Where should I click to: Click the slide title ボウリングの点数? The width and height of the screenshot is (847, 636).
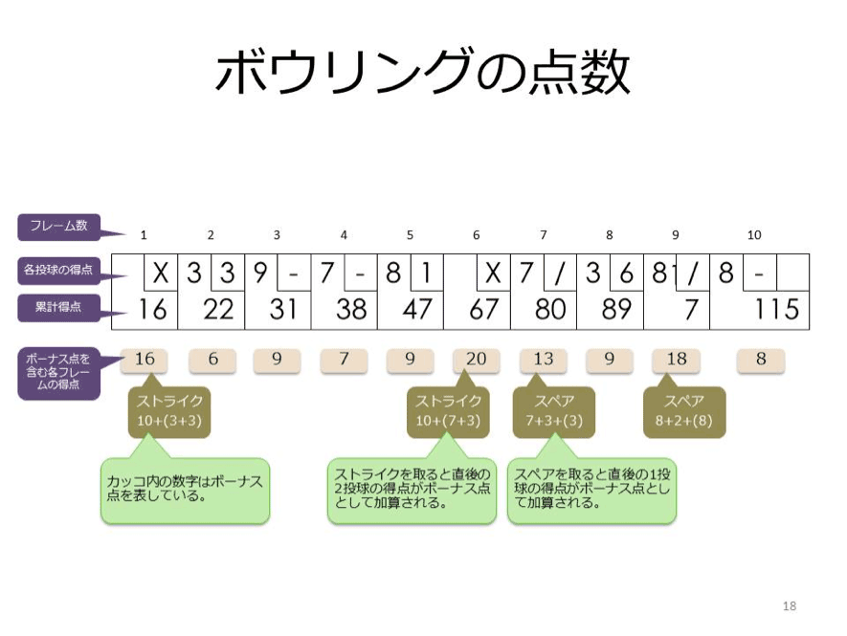pos(422,72)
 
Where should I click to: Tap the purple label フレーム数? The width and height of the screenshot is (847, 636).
pos(59,227)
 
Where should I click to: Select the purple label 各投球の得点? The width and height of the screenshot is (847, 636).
pos(59,269)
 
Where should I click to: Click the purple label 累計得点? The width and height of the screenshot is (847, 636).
pos(59,308)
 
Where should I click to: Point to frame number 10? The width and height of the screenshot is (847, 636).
pos(754,235)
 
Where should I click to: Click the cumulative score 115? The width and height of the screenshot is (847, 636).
pos(776,309)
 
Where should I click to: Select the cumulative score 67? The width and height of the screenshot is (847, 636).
pos(483,309)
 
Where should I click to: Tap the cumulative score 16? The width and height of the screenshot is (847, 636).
pos(153,309)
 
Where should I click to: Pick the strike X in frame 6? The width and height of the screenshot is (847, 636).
pos(493,273)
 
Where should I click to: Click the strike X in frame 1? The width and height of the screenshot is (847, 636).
pos(161,273)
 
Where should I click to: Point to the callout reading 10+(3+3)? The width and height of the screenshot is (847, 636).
pos(169,411)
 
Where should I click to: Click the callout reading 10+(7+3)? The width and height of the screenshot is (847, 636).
pos(448,411)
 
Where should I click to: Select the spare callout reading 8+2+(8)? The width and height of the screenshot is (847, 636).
pos(684,411)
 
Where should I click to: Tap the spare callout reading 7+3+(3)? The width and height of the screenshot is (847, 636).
pos(554,411)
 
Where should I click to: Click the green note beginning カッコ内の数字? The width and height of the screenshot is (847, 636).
pos(185,491)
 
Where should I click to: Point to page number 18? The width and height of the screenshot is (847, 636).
pos(790,605)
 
